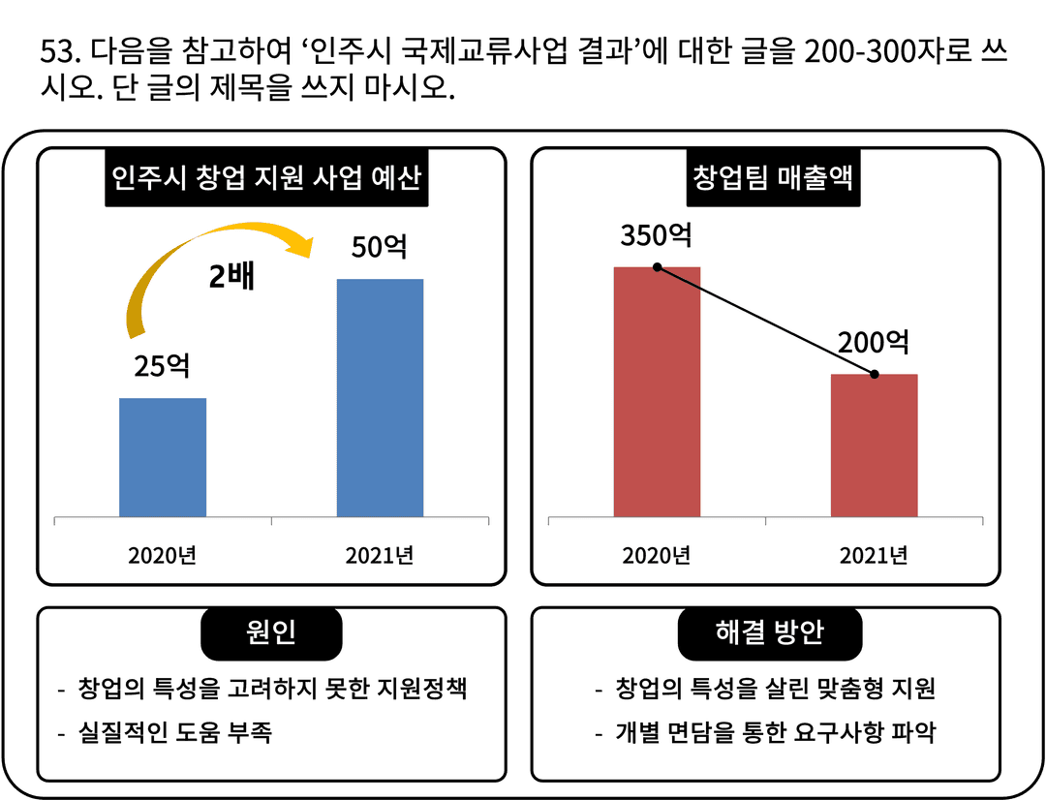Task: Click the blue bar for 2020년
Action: click(163, 456)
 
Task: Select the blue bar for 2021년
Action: click(380, 397)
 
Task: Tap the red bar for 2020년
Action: click(657, 391)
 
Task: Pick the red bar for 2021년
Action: click(874, 445)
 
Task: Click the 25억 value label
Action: click(162, 366)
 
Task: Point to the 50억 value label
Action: click(380, 247)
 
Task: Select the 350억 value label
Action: click(657, 235)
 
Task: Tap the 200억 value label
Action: click(874, 342)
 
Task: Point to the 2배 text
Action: click(231, 278)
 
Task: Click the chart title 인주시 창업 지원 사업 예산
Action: click(266, 179)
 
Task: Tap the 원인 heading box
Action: click(271, 632)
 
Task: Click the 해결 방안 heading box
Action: click(769, 632)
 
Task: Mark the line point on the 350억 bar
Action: click(657, 266)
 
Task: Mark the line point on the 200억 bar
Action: click(874, 374)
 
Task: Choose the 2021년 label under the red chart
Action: click(874, 556)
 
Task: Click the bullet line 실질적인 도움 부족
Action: click(174, 732)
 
